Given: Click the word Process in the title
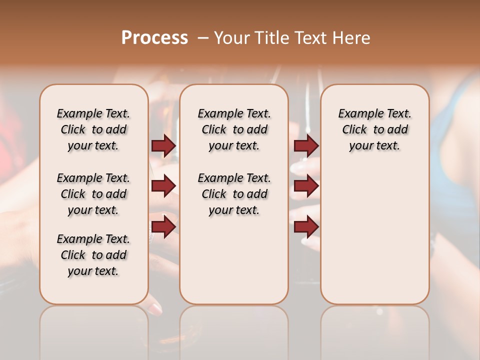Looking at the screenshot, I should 154,38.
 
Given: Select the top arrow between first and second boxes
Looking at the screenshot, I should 163,145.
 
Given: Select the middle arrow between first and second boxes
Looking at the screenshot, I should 163,186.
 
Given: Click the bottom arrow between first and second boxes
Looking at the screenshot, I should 163,226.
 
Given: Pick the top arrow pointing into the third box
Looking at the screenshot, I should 306,145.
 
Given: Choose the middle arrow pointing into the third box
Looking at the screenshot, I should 306,186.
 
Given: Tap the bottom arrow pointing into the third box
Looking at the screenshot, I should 306,226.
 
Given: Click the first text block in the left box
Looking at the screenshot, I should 93,129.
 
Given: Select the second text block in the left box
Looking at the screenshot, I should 93,194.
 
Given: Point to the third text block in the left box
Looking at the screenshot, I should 93,255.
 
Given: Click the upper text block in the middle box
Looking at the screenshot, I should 234,129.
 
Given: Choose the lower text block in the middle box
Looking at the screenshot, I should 234,194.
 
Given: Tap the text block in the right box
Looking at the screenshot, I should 374,129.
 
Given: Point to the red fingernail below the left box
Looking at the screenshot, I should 156,309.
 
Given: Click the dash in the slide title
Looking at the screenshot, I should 202,38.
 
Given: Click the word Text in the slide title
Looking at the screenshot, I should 310,38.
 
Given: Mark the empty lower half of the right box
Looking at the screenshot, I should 374,240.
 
